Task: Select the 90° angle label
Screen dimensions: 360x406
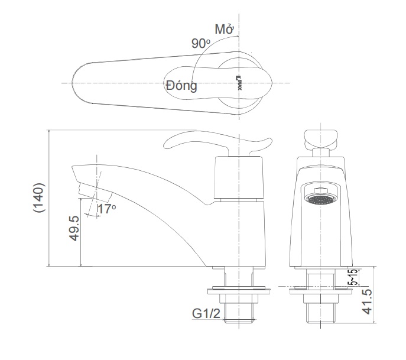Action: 201,44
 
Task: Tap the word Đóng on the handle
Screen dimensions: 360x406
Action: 181,86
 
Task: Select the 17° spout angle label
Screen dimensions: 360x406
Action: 107,209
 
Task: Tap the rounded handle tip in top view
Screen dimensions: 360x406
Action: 80,83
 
